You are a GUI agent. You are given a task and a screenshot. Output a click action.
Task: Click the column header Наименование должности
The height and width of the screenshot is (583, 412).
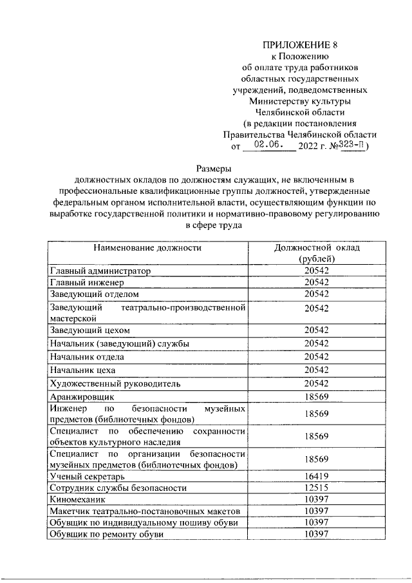click(x=147, y=247)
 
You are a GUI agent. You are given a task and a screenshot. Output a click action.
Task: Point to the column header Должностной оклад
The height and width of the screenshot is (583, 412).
click(x=317, y=247)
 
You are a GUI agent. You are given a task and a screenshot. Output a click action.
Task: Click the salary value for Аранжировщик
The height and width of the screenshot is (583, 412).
click(x=317, y=397)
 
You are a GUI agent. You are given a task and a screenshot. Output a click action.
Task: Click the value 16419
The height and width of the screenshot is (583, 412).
click(x=317, y=476)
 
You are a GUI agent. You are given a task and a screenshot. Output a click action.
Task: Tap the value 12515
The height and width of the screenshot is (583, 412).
click(x=317, y=488)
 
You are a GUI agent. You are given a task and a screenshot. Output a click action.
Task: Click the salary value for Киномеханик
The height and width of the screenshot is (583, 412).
click(x=317, y=499)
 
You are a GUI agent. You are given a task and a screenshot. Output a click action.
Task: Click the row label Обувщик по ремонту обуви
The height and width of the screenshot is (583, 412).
click(x=106, y=534)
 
